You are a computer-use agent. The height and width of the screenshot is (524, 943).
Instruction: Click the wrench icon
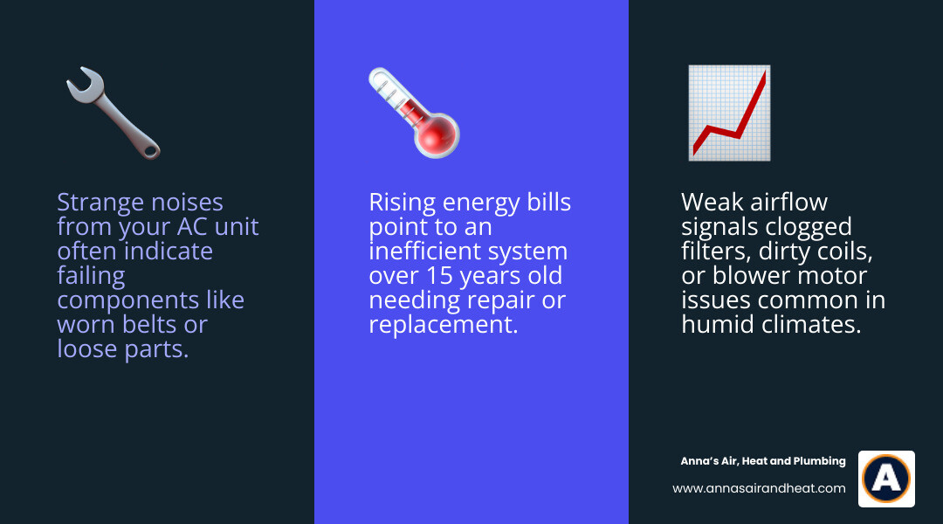pyautogui.click(x=113, y=114)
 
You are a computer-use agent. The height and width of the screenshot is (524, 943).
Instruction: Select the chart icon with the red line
pyautogui.click(x=729, y=113)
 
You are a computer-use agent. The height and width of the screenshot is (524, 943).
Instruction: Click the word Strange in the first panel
pyautogui.click(x=95, y=203)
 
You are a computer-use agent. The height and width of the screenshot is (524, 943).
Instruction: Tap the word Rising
pyautogui.click(x=403, y=203)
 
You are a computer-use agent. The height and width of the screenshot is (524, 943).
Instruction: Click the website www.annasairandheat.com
pyautogui.click(x=758, y=488)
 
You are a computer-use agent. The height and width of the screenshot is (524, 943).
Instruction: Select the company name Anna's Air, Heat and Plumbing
pyautogui.click(x=762, y=461)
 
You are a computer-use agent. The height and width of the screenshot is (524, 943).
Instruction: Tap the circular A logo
pyautogui.click(x=885, y=479)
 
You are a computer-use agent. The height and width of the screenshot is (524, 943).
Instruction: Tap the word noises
pyautogui.click(x=184, y=203)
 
